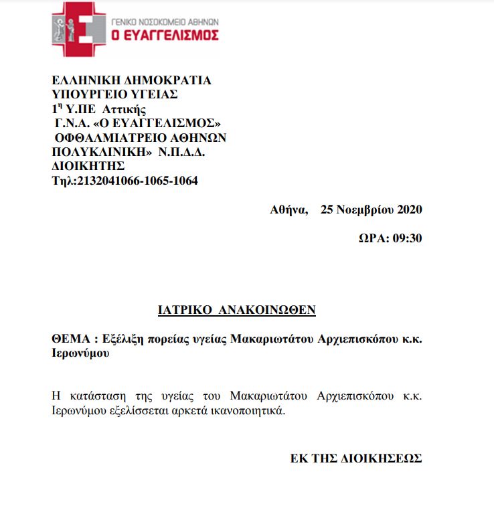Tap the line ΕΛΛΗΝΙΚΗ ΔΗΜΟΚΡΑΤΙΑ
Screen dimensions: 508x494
pos(131,80)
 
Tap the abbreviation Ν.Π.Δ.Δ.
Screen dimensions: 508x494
pos(182,151)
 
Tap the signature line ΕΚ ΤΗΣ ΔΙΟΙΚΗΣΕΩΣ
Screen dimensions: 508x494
pos(356,458)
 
